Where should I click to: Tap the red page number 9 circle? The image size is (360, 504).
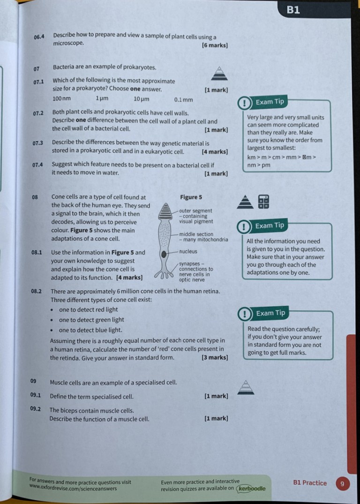[x=342, y=483]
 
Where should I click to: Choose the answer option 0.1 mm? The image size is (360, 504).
[x=183, y=99]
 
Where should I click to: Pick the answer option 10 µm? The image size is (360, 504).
[x=141, y=99]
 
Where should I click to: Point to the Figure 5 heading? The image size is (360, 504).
[x=191, y=197]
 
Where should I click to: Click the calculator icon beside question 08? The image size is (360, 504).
[x=264, y=201]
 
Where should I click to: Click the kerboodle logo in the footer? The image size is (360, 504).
[x=251, y=489]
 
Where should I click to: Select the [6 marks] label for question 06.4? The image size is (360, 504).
[x=214, y=45]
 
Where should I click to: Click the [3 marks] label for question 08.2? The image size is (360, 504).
[x=214, y=358]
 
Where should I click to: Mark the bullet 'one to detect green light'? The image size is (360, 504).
[x=91, y=320]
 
